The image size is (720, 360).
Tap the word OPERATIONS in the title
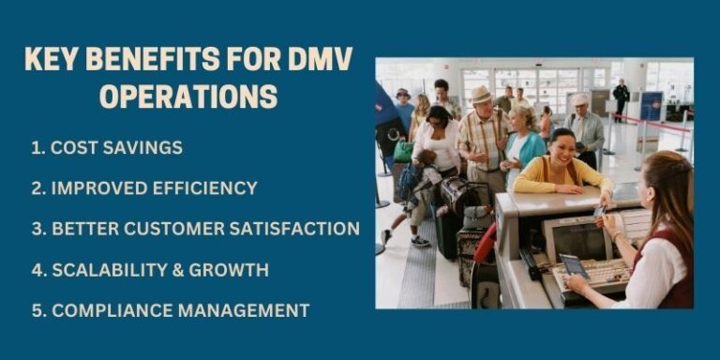tap(187, 97)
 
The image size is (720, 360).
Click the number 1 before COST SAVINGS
tap(35, 148)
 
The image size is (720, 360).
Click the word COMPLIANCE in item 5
tap(105, 309)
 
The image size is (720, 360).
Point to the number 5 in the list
tap(35, 309)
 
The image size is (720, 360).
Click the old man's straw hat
tap(482, 94)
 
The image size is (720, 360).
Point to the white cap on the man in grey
tap(580, 98)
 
